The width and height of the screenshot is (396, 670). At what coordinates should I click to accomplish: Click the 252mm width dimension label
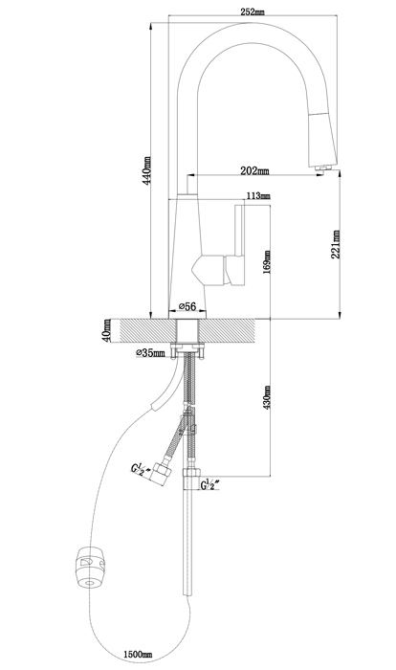pos(252,11)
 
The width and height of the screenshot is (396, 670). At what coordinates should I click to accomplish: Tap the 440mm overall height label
pos(147,169)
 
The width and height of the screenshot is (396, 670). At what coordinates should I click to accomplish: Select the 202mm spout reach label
pos(254,170)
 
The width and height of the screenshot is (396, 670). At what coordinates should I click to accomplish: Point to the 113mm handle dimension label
pos(258,196)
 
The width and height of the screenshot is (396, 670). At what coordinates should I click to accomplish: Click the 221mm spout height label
pos(336,244)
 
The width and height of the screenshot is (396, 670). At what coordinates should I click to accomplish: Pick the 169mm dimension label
pos(267,262)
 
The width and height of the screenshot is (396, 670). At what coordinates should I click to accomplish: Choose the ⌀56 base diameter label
pos(187,306)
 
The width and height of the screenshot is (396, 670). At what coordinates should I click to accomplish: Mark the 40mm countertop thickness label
pos(107,330)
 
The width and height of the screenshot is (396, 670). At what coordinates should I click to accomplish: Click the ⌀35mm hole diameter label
pos(150,353)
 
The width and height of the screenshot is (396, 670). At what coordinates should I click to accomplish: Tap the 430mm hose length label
pos(267,397)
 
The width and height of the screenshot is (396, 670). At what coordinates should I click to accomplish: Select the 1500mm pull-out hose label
pos(138,654)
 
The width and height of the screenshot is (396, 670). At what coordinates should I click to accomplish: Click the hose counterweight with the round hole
pos(90,568)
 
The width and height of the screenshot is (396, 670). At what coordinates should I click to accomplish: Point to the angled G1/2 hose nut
pos(162,473)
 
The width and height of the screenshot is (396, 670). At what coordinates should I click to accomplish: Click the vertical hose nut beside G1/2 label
pos(191,479)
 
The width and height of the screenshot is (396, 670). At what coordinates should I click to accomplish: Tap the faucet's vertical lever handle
pos(238,245)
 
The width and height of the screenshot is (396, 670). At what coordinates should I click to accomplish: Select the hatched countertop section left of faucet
pos(147,331)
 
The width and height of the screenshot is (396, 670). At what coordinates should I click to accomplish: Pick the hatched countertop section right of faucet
pos(227,331)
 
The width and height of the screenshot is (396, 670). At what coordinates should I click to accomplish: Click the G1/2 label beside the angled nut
pos(140,469)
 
